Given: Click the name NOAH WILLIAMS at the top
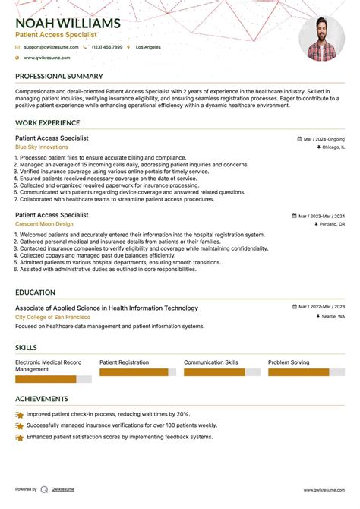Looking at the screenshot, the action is (x=68, y=22).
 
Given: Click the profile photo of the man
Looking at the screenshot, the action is (x=322, y=38).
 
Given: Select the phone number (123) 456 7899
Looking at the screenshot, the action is (x=108, y=47).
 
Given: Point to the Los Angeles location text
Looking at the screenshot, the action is (x=148, y=47).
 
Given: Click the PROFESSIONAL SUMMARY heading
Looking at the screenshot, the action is (x=59, y=77).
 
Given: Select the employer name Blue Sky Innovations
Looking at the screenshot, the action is (x=41, y=147).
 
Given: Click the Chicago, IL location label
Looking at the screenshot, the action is (x=331, y=147).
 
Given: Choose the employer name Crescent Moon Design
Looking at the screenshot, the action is (x=44, y=224).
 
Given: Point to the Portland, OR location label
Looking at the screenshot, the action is (x=332, y=225).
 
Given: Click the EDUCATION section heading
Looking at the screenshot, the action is (x=36, y=292).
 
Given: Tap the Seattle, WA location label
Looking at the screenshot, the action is (x=332, y=316).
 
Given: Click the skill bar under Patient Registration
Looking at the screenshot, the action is (x=137, y=372).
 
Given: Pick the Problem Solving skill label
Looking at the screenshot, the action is (x=289, y=362).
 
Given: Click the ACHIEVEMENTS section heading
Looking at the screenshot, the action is (x=42, y=399).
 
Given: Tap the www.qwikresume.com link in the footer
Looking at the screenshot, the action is (x=325, y=490).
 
